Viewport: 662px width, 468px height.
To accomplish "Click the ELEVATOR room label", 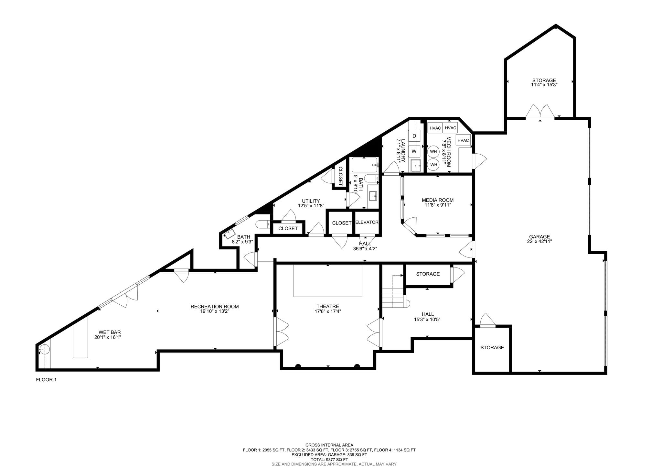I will click(x=367, y=222).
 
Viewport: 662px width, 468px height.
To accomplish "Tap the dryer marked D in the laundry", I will click(x=414, y=136).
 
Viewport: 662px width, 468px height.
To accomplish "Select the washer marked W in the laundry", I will click(x=414, y=151).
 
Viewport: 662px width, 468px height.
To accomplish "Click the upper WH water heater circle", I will click(x=433, y=151).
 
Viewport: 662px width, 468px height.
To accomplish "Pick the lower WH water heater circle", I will click(x=433, y=164).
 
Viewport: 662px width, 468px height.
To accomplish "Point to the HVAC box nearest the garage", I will click(x=463, y=140).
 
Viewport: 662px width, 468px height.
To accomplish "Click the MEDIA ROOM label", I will click(x=437, y=200).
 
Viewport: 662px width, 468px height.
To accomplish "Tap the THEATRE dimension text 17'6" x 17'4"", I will click(x=328, y=311).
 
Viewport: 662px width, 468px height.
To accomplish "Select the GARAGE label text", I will click(x=539, y=237).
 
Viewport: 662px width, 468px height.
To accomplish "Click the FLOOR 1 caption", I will click(x=46, y=380).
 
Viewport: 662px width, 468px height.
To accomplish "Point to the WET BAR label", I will click(x=110, y=332).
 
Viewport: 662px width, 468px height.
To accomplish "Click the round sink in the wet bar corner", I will click(x=44, y=349).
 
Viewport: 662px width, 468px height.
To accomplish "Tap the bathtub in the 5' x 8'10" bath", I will click(x=364, y=165).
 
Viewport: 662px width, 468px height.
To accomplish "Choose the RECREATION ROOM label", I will click(x=215, y=307).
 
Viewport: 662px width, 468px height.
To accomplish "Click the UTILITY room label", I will click(x=311, y=201).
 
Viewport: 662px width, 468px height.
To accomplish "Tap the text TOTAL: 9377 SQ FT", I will click(x=329, y=459).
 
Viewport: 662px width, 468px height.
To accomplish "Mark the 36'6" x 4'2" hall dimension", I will click(x=365, y=249).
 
